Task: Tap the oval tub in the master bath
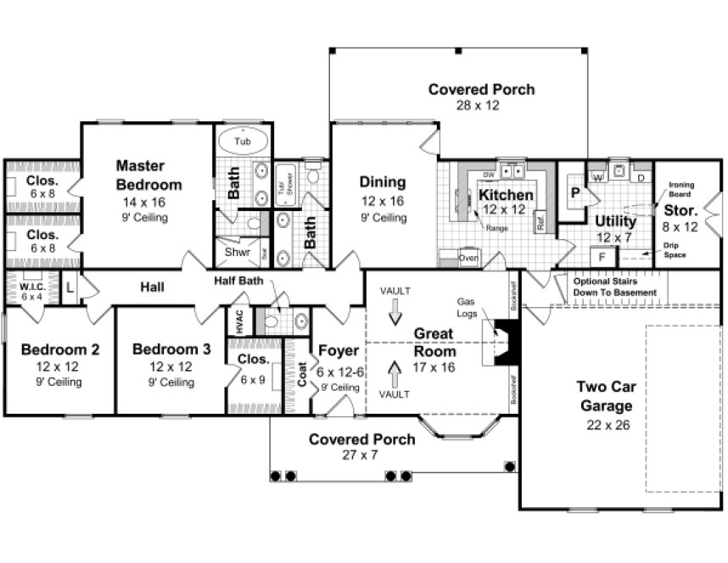[243, 141]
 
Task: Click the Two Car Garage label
[605, 396]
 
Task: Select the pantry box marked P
[575, 193]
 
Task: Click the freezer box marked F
[602, 255]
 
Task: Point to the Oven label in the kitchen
[468, 257]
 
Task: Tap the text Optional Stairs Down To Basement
[614, 287]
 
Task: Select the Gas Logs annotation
[467, 307]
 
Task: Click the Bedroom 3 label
[165, 349]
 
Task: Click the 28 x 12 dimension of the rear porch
[481, 105]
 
